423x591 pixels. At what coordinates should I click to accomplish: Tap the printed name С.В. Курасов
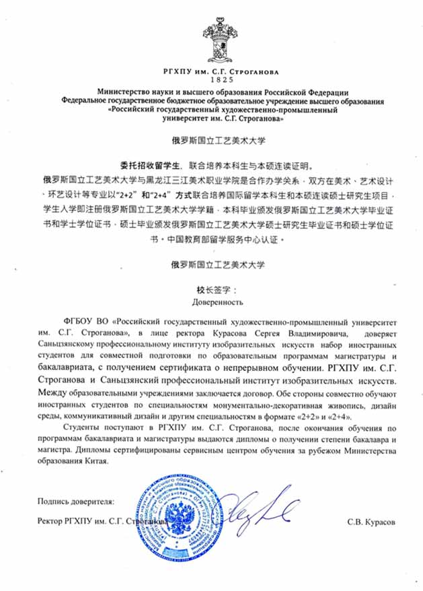click(369, 522)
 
